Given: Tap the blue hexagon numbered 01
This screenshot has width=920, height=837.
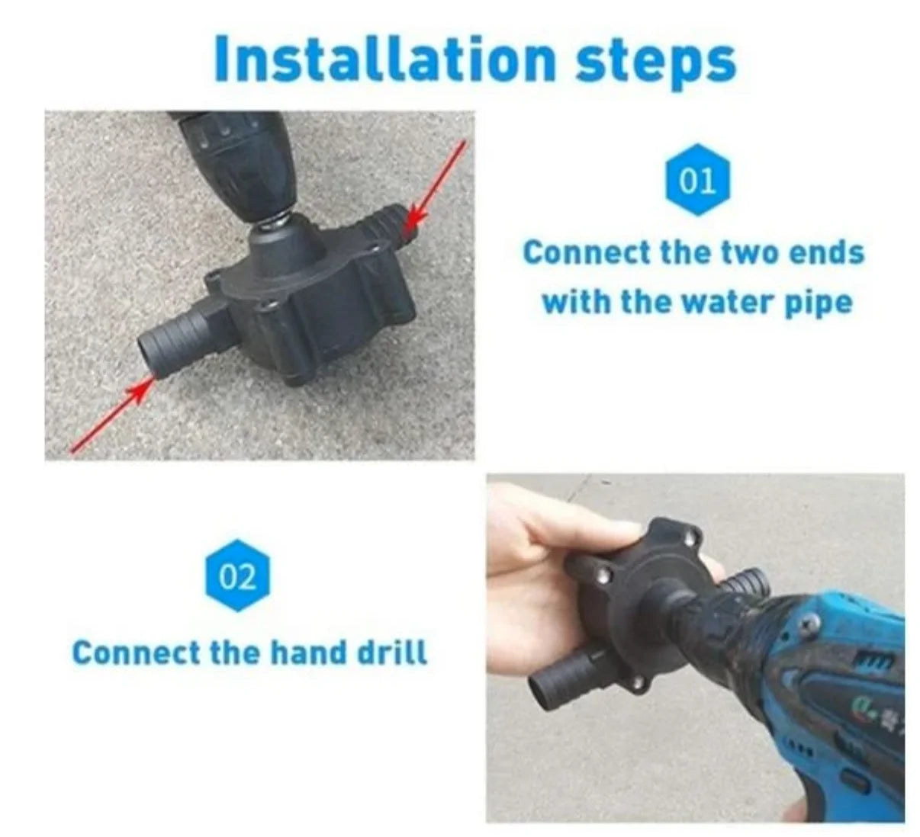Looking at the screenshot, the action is point(697,179).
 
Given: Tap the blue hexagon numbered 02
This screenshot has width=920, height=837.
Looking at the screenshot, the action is point(237,576).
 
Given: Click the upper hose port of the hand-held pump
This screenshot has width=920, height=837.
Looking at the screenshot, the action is point(745,583).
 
